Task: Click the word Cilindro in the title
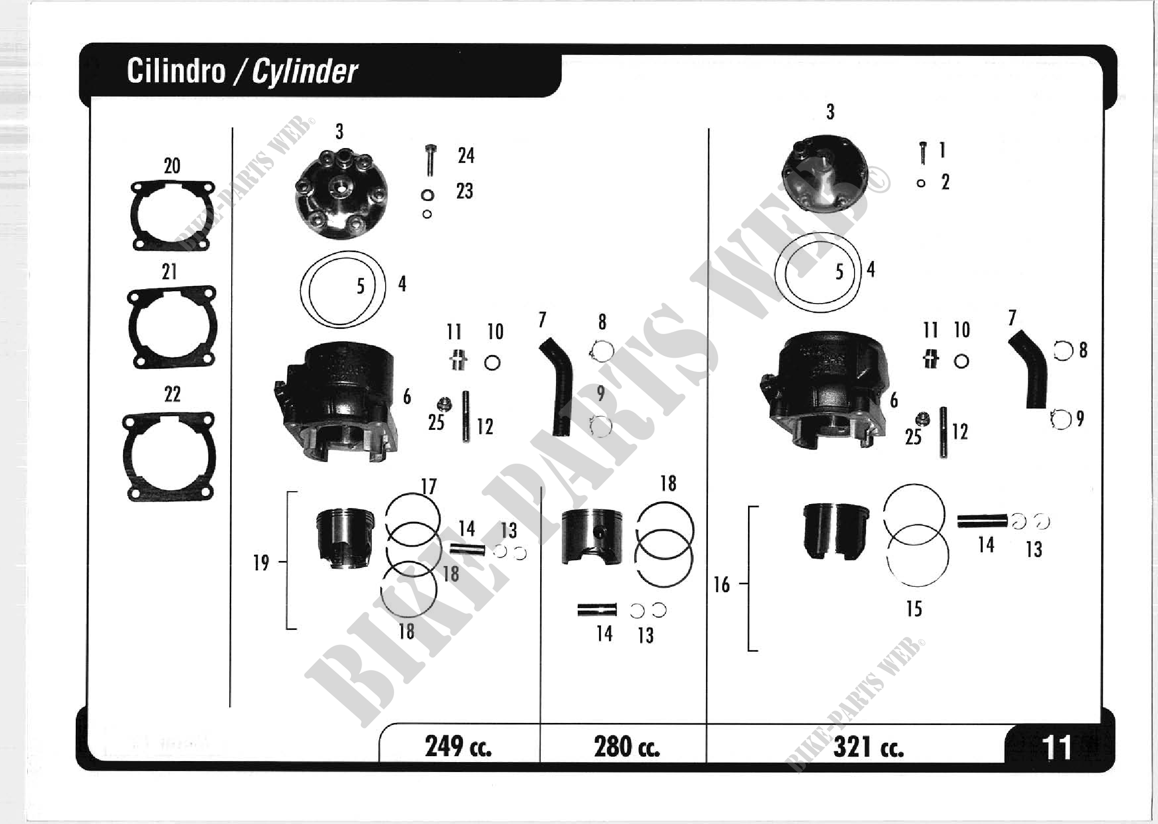coord(176,70)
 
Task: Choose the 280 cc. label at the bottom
coord(627,746)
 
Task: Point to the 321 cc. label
coord(868,747)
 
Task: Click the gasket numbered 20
coord(172,216)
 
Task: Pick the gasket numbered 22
coord(169,457)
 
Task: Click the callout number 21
coord(169,272)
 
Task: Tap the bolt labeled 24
coord(430,160)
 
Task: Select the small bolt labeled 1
coord(923,153)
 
